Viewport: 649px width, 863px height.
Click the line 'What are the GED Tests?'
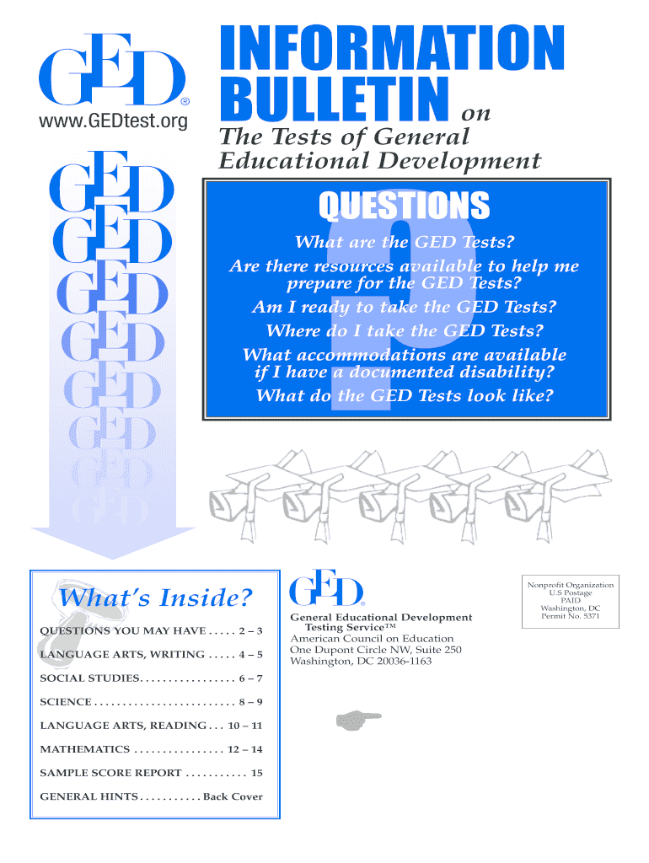(404, 244)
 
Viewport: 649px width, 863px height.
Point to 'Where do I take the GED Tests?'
(404, 330)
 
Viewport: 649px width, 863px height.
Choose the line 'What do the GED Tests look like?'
(404, 394)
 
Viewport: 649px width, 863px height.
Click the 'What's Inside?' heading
(153, 598)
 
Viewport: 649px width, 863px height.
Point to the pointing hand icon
(357, 719)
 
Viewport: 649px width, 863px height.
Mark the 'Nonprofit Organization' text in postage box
(571, 585)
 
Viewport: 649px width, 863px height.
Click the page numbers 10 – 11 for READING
(245, 726)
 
